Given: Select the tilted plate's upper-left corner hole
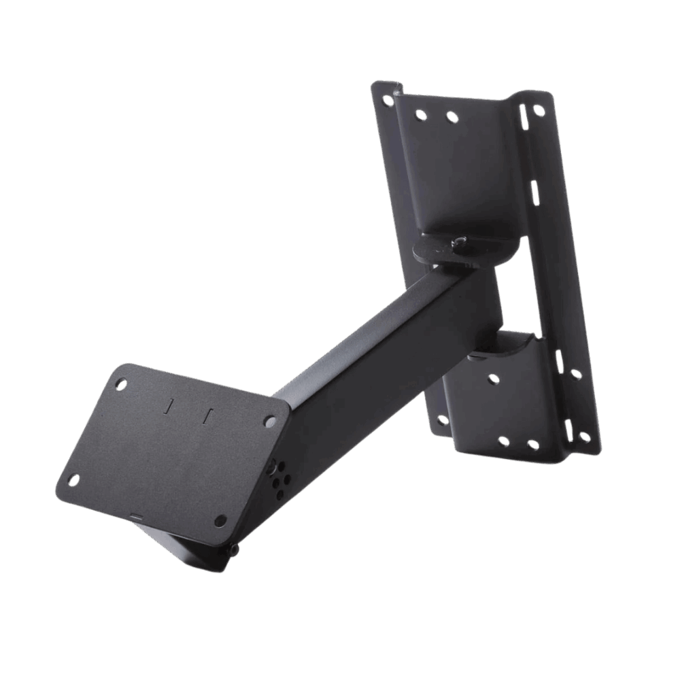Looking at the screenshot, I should click(122, 384).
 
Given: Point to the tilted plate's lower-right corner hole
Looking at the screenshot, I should click(220, 520).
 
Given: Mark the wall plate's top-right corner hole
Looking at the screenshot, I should click(539, 110).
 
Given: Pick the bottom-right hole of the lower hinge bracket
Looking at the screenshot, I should click(532, 445).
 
